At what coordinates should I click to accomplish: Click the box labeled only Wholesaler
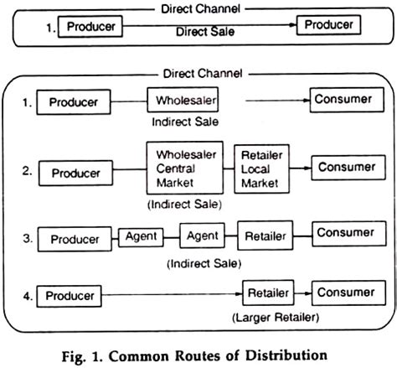183,101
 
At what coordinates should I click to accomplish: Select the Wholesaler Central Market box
183,170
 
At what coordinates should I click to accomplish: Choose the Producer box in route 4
70,296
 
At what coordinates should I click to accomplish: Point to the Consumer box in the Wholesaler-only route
343,99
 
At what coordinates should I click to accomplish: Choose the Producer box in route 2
76,173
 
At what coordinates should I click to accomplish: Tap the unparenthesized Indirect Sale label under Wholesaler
183,122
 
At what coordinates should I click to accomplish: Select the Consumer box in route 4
345,293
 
